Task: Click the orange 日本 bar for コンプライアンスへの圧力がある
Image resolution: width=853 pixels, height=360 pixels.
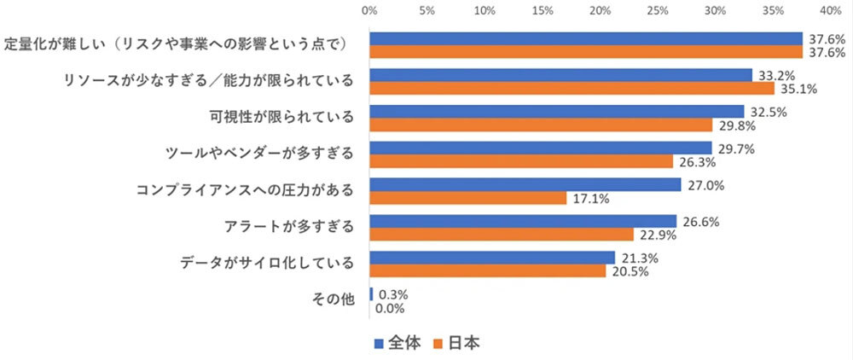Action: tap(467, 198)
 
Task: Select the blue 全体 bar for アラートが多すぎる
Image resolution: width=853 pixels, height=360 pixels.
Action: tap(522, 221)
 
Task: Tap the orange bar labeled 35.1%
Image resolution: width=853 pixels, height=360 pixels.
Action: tap(572, 88)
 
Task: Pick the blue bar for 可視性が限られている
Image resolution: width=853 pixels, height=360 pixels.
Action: tap(556, 111)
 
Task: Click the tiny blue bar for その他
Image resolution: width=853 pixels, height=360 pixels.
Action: tap(371, 293)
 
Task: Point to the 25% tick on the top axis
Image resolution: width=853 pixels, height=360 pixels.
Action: tap(657, 11)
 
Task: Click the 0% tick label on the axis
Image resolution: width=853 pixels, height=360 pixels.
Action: tap(369, 11)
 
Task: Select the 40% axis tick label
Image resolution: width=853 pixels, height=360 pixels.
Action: tap(830, 11)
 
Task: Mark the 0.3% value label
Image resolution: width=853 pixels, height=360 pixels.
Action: tap(392, 294)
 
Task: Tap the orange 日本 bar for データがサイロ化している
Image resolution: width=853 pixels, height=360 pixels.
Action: tap(487, 271)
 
